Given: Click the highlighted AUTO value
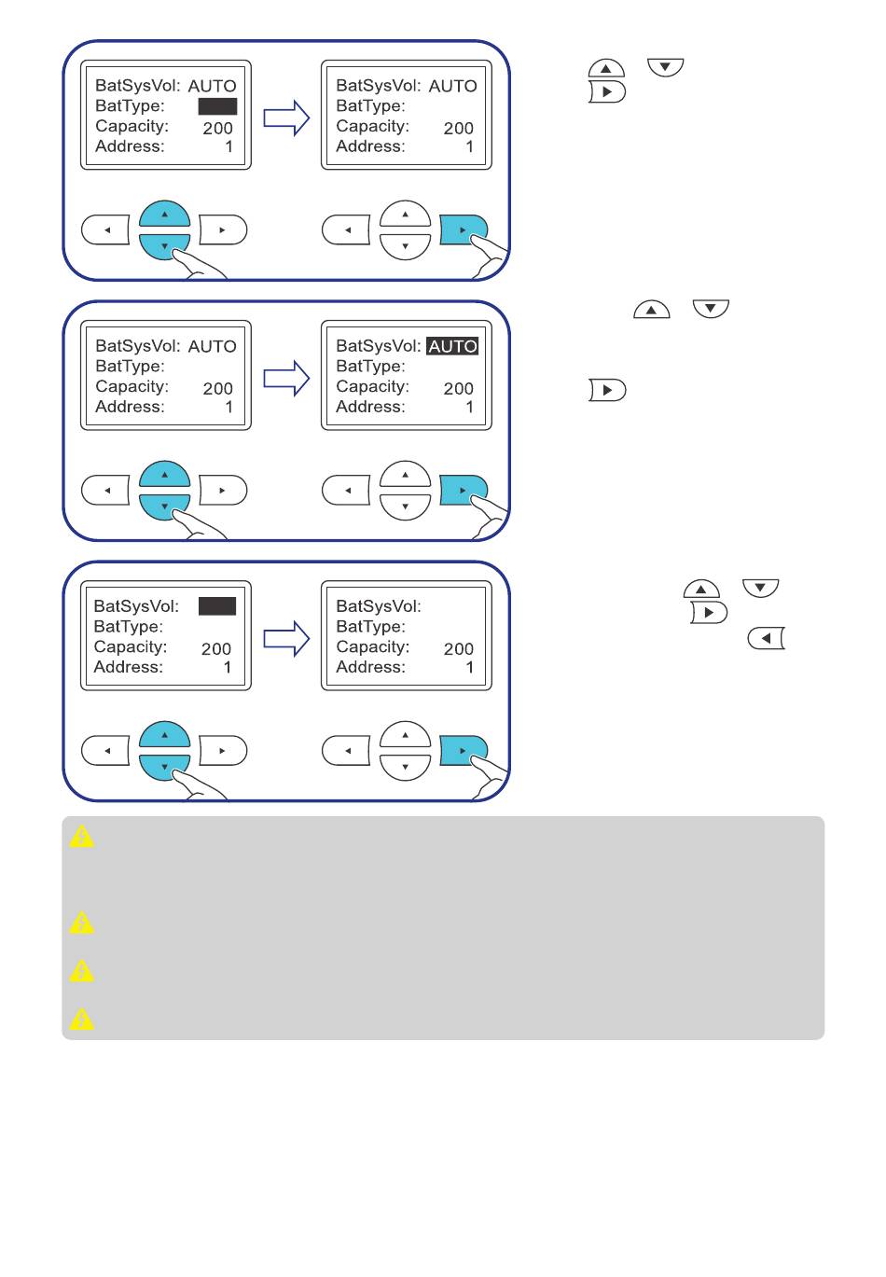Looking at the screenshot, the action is coord(452,346).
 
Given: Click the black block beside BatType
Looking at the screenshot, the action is coord(217,106).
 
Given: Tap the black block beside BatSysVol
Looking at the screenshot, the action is coord(216,606).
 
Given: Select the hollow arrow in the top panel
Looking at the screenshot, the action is coord(286,118).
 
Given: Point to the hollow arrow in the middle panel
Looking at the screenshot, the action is coord(286,378).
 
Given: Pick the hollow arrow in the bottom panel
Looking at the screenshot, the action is coord(286,638).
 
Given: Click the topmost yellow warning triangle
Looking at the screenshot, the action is coord(81,837).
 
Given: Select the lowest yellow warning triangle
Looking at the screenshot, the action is coord(81,1019).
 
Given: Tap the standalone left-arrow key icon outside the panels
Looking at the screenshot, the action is coord(766,638).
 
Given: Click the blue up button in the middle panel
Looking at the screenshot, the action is coord(165,473).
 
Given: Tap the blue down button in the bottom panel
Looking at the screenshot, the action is coord(163,768).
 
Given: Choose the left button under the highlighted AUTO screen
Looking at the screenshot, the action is coord(346,491).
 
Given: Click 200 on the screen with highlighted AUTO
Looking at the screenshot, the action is coord(459,389).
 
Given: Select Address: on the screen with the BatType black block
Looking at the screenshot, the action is coord(130,146).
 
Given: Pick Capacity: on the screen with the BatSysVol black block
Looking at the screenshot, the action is coord(131,647).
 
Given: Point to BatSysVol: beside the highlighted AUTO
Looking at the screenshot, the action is coord(379,346).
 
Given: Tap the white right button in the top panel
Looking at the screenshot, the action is coord(223,230).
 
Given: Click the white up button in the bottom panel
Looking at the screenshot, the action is coord(405,734).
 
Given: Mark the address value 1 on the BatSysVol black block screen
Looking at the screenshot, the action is coord(228,667).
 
